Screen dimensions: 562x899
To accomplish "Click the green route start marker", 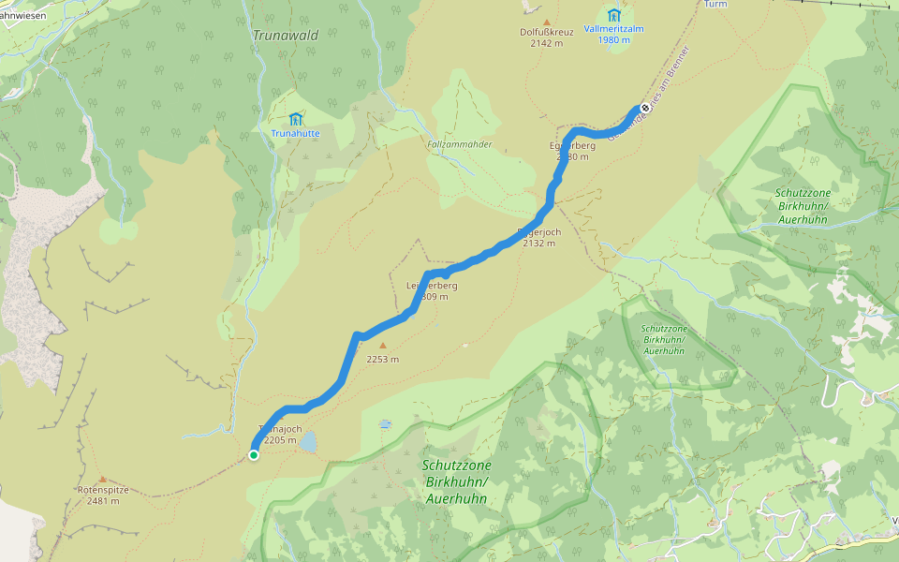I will click(x=254, y=455).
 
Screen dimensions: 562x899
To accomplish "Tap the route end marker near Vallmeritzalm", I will click(x=644, y=108).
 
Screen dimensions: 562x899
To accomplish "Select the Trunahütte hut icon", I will click(x=296, y=119).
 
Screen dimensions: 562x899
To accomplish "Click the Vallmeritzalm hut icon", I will click(x=613, y=15).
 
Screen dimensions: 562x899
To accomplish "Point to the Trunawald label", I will click(x=286, y=36).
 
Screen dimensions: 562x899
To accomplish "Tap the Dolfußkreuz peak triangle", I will click(x=547, y=21).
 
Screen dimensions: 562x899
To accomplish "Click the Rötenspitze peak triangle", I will click(x=102, y=479).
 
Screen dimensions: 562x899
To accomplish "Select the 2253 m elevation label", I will click(x=382, y=359).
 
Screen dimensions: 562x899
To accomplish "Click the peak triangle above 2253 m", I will click(x=382, y=345).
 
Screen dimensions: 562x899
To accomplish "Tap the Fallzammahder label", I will click(x=459, y=144).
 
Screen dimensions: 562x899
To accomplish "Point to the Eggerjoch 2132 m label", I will click(x=538, y=237).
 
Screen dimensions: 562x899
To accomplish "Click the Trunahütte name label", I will click(x=296, y=134).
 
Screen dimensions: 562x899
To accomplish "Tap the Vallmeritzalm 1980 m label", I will click(x=613, y=35).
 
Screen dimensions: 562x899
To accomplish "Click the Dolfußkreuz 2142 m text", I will click(x=547, y=37).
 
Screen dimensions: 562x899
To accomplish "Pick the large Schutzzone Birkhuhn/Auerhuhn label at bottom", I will click(x=457, y=481).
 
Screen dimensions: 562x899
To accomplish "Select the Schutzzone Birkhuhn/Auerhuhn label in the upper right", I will click(x=803, y=205).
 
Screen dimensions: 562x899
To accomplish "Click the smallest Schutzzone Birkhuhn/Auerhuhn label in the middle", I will click(x=665, y=340).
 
